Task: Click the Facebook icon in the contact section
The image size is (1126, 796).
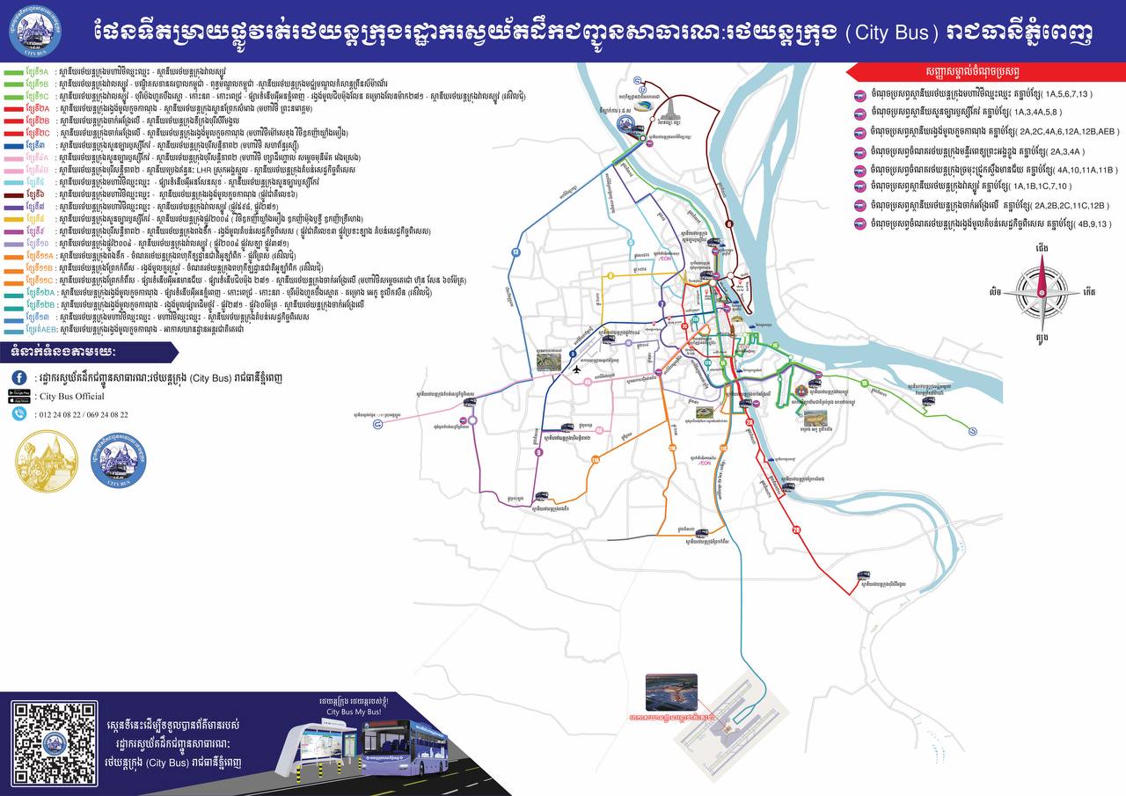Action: pyautogui.click(x=18, y=376)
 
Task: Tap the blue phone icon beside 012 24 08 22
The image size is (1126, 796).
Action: pyautogui.click(x=18, y=413)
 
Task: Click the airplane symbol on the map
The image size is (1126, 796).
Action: pyautogui.click(x=576, y=369)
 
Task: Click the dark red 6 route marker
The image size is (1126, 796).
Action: pyautogui.click(x=729, y=225)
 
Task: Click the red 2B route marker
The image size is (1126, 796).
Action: pyautogui.click(x=797, y=529)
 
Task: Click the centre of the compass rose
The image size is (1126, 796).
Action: pyautogui.click(x=1042, y=291)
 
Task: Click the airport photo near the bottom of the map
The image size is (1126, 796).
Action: pyautogui.click(x=670, y=692)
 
